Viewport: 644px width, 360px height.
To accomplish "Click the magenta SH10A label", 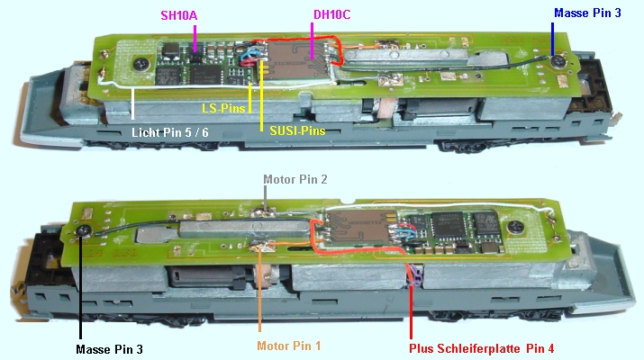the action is click(x=178, y=15).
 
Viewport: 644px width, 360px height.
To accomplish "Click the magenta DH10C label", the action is click(x=331, y=14).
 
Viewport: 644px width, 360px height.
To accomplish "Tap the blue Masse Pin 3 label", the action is click(x=587, y=13).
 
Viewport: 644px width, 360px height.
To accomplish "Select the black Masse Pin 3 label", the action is click(x=109, y=349).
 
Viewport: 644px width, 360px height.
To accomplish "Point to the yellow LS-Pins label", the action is click(x=223, y=108).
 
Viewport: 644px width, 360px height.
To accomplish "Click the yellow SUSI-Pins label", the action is click(x=297, y=130).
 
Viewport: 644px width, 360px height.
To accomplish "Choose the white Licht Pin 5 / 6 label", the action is click(x=169, y=132).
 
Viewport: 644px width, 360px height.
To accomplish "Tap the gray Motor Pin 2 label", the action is click(x=295, y=179).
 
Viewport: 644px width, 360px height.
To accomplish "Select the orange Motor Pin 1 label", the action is click(x=289, y=346).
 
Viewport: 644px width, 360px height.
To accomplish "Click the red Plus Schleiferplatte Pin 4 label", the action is click(x=481, y=348).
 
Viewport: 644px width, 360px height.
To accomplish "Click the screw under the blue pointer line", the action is click(x=558, y=62).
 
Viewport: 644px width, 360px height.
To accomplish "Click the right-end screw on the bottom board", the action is click(x=515, y=226).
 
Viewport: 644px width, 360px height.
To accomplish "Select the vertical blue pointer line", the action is click(x=553, y=38).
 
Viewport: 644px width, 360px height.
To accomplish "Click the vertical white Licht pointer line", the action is click(x=133, y=103).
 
